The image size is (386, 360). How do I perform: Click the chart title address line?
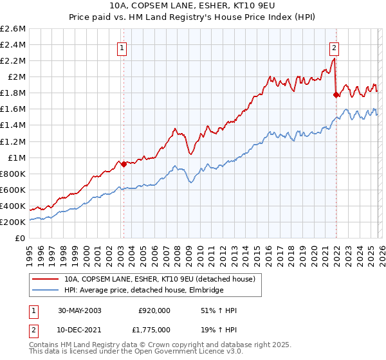[193, 7]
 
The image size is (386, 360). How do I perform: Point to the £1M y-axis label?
[16, 157]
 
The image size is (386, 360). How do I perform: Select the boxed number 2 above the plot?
[335, 47]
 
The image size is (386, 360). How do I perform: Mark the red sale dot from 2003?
[124, 164]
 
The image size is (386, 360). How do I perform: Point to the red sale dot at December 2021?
[336, 95]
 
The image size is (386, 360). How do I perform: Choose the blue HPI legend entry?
[143, 291]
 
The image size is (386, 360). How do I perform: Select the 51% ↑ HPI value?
[219, 310]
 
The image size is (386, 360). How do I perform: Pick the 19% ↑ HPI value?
[219, 329]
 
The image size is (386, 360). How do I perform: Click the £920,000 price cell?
[154, 310]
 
